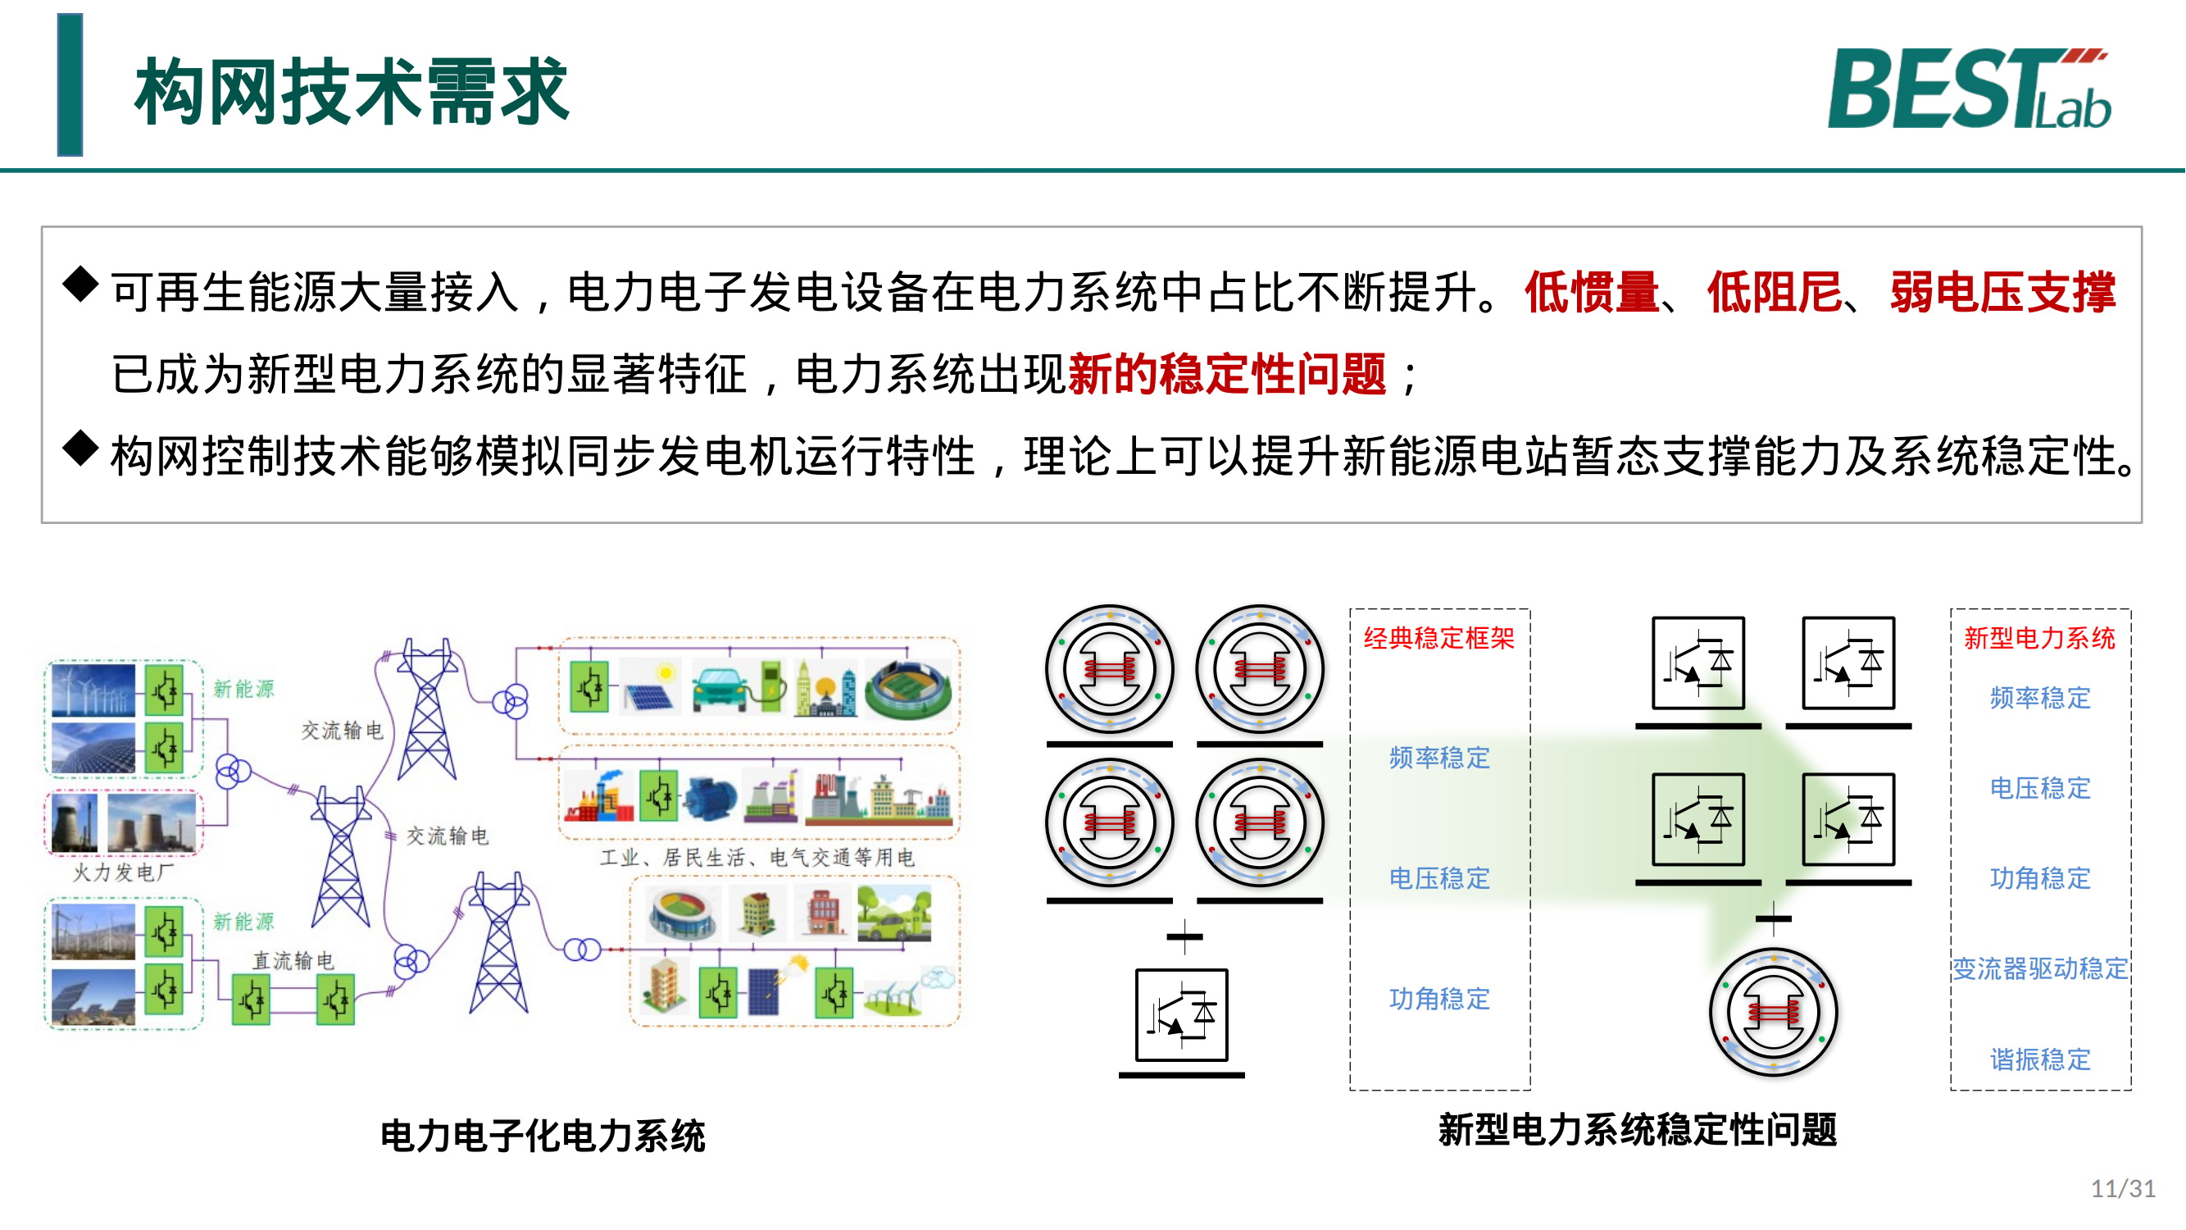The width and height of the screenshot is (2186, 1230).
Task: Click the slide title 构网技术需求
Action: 352,92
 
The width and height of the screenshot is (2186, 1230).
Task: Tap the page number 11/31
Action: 2123,1188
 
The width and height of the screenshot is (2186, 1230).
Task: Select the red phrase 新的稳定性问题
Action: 1227,375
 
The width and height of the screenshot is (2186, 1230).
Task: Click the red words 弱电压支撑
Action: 2002,293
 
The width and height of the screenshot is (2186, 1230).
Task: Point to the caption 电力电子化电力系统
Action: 543,1136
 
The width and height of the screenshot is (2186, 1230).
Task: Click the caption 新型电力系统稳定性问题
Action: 1638,1130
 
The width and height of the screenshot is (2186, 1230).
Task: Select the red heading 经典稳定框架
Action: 1439,638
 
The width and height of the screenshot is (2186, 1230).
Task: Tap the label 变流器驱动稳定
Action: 2040,968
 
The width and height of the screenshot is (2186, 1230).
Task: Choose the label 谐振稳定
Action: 2040,1059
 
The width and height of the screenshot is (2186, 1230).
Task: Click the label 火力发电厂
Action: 123,872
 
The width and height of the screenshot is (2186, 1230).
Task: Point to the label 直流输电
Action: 293,961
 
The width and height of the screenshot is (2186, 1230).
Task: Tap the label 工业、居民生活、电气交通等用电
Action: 757,858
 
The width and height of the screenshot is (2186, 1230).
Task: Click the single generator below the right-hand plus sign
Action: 1773,1013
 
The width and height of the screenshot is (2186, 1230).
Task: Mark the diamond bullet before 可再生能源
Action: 80,284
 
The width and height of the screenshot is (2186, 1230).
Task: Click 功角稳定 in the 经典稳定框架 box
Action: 1439,999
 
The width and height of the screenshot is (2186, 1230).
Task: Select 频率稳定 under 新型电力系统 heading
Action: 2040,698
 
